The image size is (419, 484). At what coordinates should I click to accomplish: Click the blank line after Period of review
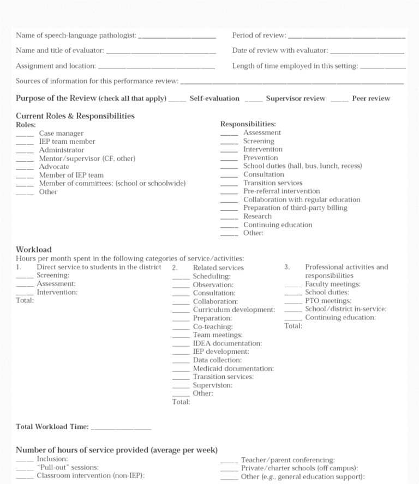(346, 37)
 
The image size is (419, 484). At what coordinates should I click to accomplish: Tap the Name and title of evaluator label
(59, 51)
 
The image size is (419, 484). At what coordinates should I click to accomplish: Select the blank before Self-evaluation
(177, 100)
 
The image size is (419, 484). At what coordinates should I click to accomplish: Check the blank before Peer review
(339, 100)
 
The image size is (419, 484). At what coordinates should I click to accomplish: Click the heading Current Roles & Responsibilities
(75, 116)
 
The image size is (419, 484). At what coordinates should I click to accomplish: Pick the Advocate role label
(54, 167)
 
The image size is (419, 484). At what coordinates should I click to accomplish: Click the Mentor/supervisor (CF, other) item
(87, 159)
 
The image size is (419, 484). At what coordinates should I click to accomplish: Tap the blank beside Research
(229, 217)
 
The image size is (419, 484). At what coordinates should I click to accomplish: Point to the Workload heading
(34, 250)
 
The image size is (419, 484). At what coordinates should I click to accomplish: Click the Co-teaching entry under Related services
(213, 327)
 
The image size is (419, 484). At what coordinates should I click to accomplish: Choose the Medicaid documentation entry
(233, 369)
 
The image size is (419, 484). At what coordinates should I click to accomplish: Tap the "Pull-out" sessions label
(68, 468)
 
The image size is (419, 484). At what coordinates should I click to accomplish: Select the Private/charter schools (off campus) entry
(300, 468)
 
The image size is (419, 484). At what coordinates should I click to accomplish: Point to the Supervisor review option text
(295, 99)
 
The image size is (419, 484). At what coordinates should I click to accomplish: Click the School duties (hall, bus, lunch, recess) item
(302, 166)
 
